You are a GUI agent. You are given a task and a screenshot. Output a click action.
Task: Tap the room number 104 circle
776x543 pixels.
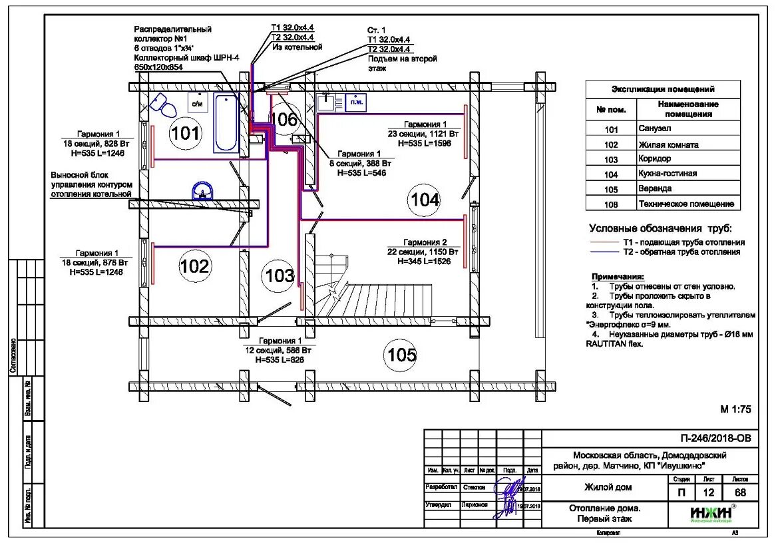tap(425, 199)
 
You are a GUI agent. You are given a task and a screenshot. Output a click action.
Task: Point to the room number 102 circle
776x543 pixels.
tap(194, 266)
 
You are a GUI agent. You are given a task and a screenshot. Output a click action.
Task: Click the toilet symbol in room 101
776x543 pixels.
tap(161, 104)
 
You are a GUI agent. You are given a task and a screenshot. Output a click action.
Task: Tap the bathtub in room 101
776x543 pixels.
tap(226, 124)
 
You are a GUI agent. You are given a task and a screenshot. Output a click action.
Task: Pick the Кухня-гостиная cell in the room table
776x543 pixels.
tap(668, 173)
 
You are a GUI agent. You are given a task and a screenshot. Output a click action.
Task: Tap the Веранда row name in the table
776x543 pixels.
tap(655, 188)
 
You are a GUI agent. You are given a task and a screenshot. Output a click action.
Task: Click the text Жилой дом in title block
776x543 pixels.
tap(608, 487)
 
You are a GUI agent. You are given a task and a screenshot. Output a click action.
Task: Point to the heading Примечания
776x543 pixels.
tap(618, 275)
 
